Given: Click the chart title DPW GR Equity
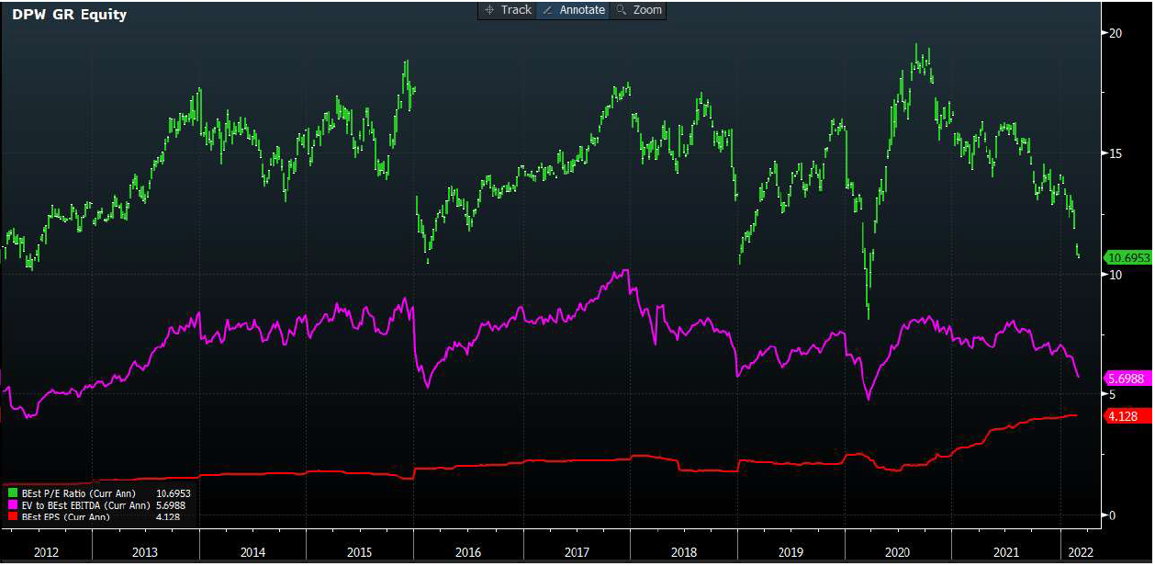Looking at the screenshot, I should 70,15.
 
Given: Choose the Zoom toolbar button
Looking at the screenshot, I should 639,10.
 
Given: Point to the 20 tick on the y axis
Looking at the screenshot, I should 1116,32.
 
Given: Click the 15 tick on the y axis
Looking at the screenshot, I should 1116,153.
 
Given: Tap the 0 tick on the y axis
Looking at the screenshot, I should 1113,515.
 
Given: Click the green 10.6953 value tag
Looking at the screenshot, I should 1127,257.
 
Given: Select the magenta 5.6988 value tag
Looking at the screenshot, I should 1127,379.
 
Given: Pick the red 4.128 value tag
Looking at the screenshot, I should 1125,416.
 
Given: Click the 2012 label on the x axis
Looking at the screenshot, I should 46,552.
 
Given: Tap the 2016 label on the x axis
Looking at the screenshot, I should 467,552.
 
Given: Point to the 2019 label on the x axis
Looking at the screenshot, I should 791,552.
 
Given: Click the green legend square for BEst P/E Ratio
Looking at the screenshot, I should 12,493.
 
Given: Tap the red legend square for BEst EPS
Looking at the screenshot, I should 12,516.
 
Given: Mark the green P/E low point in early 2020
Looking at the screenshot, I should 869,317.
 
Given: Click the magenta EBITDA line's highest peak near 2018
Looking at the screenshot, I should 626,270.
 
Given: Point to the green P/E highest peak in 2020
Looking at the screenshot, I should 917,45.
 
